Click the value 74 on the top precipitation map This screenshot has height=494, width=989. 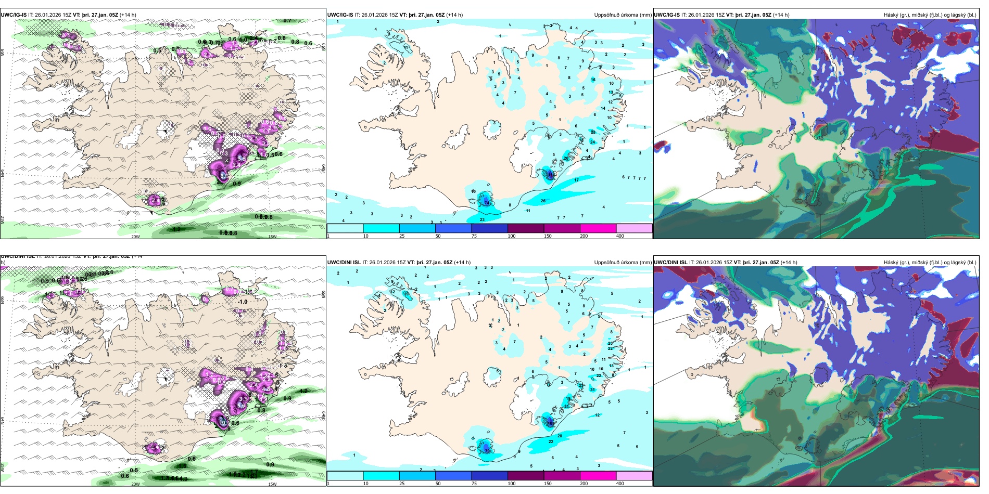(487, 203)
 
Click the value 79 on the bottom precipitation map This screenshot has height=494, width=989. (487, 451)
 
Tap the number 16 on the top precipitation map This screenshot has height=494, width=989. (593, 80)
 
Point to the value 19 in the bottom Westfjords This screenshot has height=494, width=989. (406, 294)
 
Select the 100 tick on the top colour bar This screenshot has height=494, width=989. (512, 236)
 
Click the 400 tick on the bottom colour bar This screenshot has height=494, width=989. (620, 484)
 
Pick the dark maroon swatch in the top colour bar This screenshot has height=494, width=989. (526, 228)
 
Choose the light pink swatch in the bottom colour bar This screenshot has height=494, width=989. (634, 476)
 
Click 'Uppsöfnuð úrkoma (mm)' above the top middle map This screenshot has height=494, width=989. (623, 15)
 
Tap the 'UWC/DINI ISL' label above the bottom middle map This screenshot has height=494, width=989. (344, 263)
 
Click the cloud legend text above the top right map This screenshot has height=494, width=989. (930, 15)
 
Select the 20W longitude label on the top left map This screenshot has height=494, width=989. (135, 237)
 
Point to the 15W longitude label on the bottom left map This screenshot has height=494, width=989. (272, 484)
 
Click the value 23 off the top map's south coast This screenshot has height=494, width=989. (482, 219)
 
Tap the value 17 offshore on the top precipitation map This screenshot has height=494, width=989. (576, 180)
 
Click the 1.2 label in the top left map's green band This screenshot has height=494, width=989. (176, 229)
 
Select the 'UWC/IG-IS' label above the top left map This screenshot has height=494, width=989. (14, 15)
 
